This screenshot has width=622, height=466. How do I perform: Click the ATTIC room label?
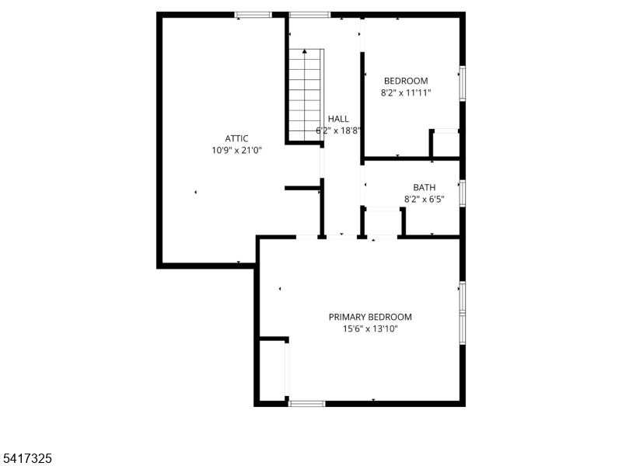tap(236, 139)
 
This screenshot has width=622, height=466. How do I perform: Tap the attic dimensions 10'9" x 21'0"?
tap(237, 151)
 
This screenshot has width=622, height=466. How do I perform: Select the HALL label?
tap(338, 119)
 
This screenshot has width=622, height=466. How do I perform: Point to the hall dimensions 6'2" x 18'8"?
tap(338, 130)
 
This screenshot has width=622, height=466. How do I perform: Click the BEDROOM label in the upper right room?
tap(406, 82)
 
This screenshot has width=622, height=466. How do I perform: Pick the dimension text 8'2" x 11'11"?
tap(406, 93)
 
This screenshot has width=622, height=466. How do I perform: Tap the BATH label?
tap(424, 187)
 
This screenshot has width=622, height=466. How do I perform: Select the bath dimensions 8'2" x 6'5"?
tap(424, 200)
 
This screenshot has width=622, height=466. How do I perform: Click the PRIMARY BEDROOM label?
tap(370, 317)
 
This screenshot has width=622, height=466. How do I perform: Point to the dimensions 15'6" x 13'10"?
tap(370, 329)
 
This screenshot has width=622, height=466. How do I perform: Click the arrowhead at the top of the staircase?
tap(304, 51)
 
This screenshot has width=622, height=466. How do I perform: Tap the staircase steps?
tap(305, 95)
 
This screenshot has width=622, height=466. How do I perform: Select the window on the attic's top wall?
tap(253, 15)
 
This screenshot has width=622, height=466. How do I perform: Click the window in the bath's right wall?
tap(463, 193)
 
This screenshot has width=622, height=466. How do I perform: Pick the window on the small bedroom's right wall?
tap(463, 84)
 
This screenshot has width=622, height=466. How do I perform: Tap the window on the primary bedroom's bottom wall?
tap(306, 404)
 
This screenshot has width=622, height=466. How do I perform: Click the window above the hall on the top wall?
tap(309, 15)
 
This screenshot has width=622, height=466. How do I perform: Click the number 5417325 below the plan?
tap(26, 458)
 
